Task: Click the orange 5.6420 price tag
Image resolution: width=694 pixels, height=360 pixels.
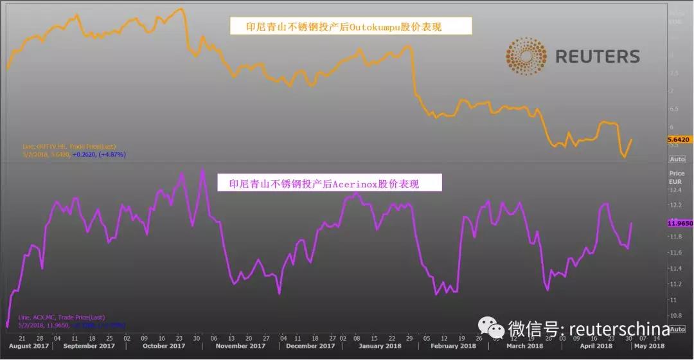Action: click(x=678, y=139)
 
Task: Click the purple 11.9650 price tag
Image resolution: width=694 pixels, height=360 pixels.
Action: click(x=679, y=223)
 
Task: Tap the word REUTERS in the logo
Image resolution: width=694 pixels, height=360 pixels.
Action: click(x=597, y=57)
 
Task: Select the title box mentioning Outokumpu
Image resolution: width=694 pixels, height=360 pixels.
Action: click(x=351, y=26)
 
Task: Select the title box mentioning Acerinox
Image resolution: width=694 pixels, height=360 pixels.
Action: click(x=329, y=183)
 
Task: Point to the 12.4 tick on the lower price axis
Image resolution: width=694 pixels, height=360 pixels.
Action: click(x=675, y=190)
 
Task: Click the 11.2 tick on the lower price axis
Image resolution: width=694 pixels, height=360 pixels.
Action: click(x=675, y=284)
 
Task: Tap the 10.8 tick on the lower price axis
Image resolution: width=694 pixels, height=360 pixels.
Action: click(x=675, y=316)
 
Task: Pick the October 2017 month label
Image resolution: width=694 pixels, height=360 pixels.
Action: click(x=163, y=346)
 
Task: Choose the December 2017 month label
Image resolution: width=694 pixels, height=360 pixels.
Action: click(x=310, y=346)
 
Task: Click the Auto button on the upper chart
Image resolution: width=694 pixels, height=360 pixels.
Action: click(x=677, y=159)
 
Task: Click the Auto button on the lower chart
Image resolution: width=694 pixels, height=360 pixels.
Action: click(x=677, y=329)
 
